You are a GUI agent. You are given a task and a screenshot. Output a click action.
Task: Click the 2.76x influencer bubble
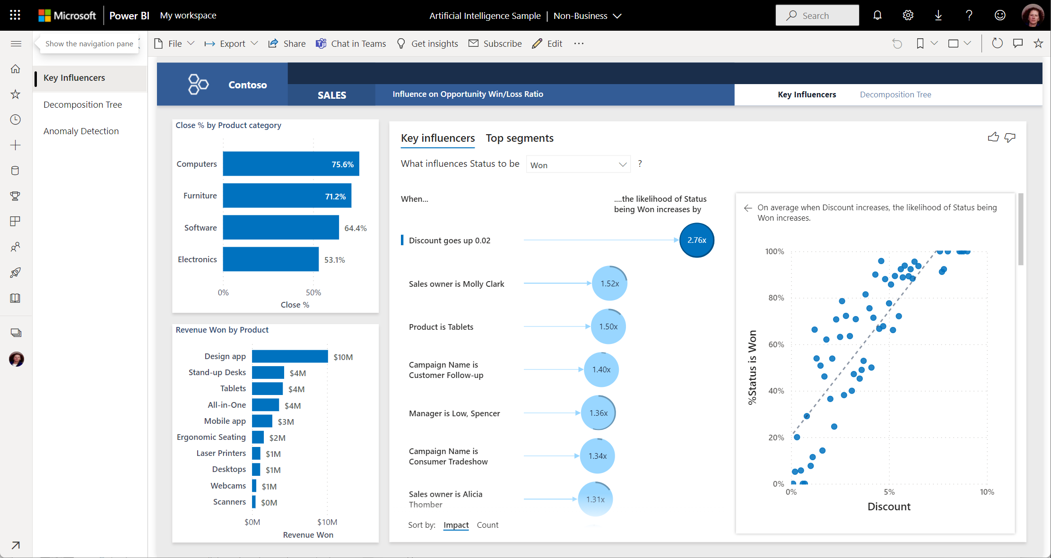(x=696, y=240)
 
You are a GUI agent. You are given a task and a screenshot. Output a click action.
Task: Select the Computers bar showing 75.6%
(x=291, y=164)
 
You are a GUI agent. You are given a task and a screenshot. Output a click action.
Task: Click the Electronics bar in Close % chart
(x=270, y=259)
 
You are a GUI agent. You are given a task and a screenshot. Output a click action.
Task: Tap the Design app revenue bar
(x=289, y=357)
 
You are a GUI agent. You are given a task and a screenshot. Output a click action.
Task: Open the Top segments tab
(x=519, y=138)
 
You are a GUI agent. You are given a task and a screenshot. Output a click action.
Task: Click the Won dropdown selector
(x=578, y=165)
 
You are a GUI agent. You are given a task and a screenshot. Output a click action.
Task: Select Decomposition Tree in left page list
(x=83, y=104)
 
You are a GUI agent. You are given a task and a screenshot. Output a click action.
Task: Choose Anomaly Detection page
(x=81, y=131)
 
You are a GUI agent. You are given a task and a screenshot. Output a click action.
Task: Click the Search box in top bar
(x=817, y=16)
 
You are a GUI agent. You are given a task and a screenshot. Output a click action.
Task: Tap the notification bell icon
(x=877, y=16)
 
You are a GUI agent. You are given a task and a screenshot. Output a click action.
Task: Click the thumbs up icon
(x=993, y=137)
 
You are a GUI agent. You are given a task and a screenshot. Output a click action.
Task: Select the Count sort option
(x=487, y=525)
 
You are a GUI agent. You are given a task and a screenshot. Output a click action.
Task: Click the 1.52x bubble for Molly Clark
(x=609, y=283)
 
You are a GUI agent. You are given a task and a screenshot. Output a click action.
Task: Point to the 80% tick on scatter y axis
(x=776, y=298)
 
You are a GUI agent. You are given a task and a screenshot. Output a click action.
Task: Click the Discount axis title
(x=888, y=506)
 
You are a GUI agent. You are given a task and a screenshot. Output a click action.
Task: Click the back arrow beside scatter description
(x=748, y=208)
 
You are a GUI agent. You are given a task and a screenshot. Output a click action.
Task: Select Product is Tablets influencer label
(x=441, y=327)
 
